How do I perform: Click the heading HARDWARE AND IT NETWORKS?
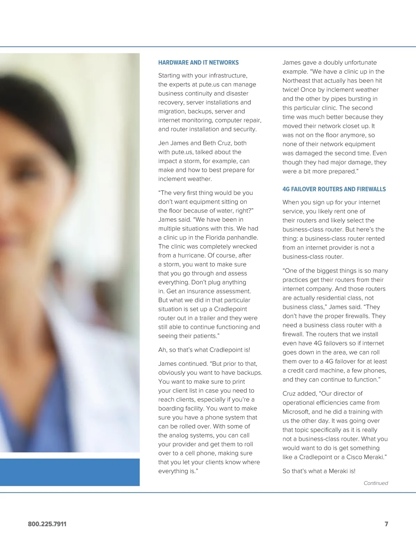click(x=198, y=63)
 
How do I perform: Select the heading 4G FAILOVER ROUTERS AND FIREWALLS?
click(x=334, y=189)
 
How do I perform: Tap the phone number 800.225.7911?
click(x=47, y=524)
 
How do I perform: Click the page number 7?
click(x=386, y=524)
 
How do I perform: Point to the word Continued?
click(x=375, y=483)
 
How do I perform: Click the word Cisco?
click(x=354, y=457)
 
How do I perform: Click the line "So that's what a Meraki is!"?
click(x=319, y=471)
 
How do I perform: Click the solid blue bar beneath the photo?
click(x=69, y=472)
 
